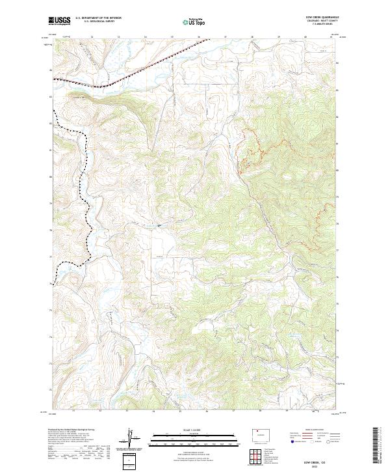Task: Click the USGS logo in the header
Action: point(60,21)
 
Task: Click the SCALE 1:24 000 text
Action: point(195,431)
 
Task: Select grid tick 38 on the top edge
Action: point(252,37)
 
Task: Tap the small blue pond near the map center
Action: point(158,226)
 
